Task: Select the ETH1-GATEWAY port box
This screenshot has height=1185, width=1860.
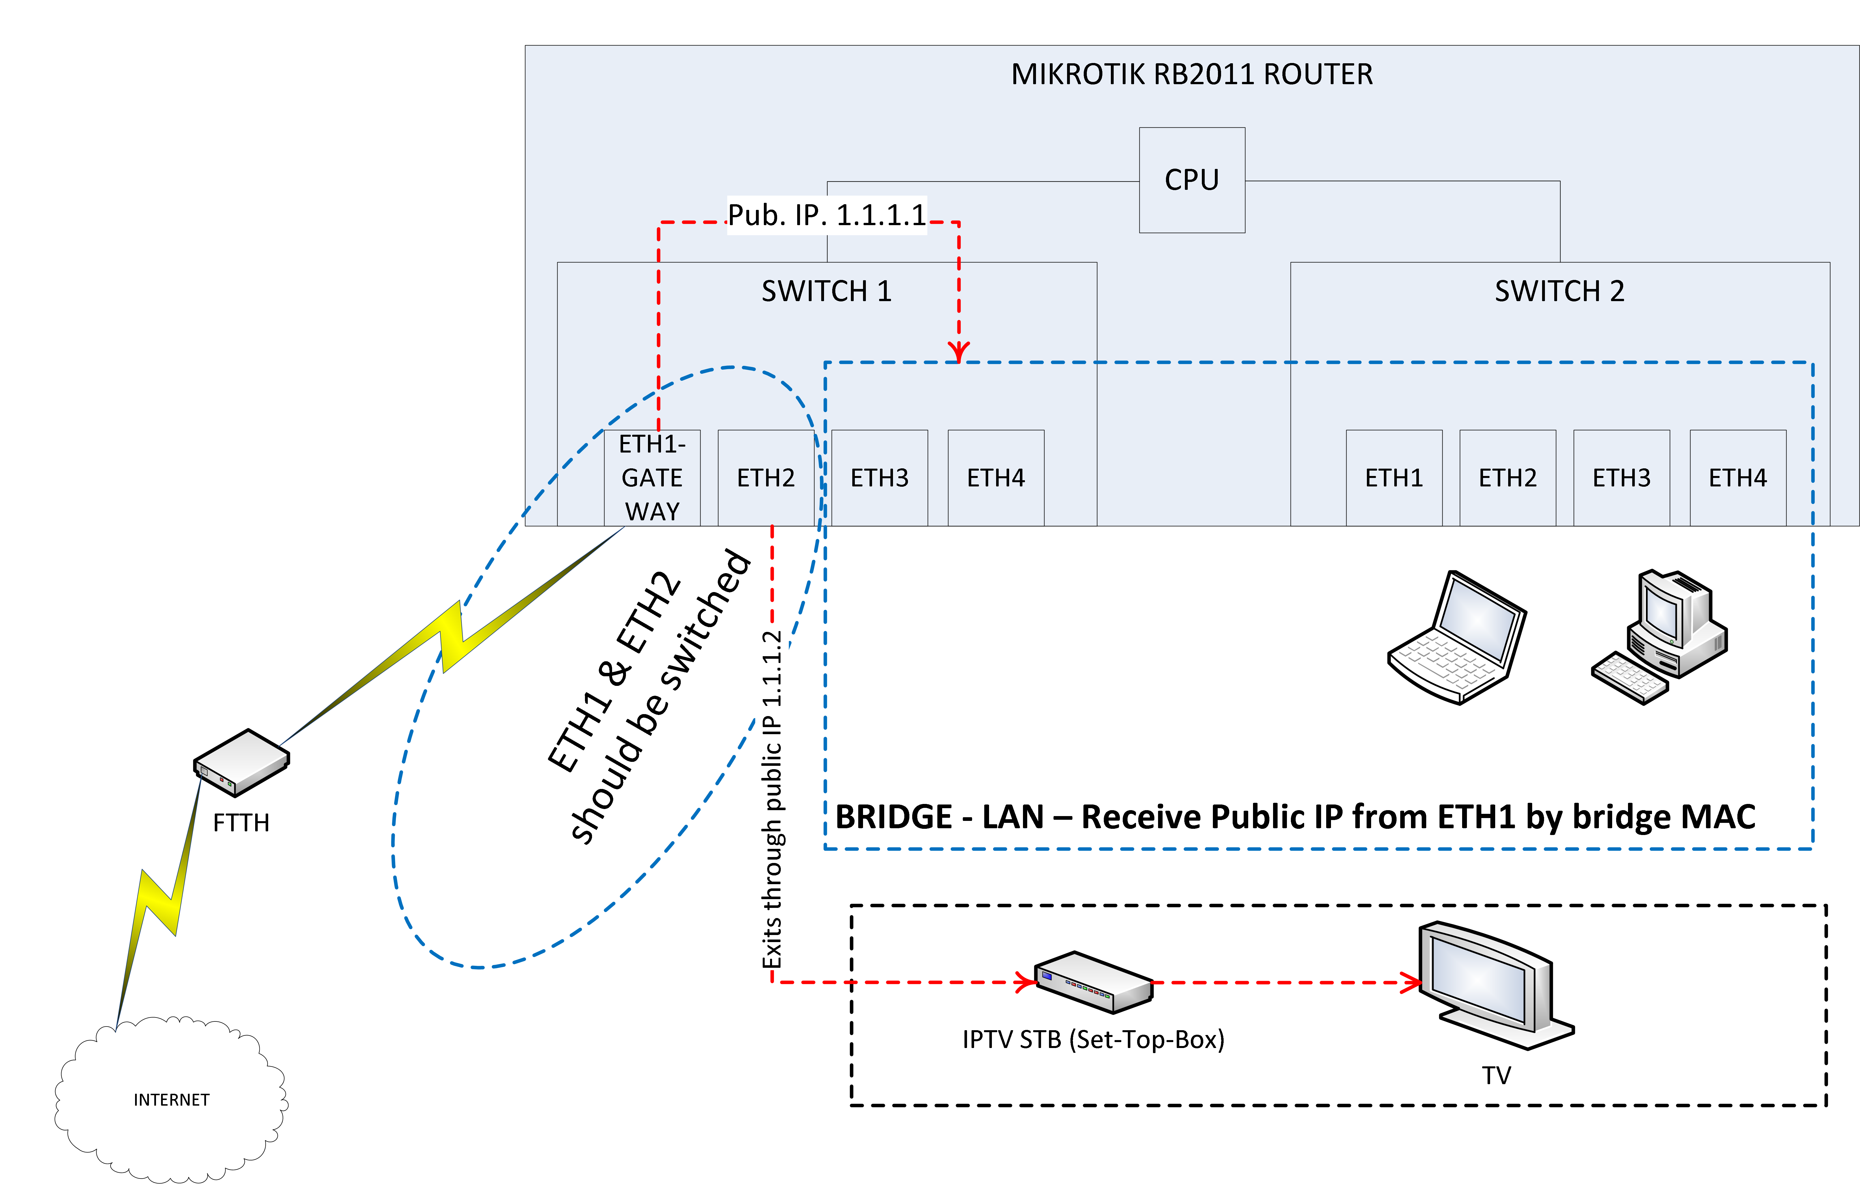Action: coord(652,478)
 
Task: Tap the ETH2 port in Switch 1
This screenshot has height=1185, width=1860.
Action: coord(766,478)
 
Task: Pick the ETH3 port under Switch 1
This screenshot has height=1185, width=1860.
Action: coord(879,478)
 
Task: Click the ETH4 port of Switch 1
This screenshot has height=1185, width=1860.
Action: coord(996,478)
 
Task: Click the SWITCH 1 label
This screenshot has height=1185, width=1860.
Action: coord(827,291)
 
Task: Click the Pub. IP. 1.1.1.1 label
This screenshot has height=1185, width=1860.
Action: coord(827,215)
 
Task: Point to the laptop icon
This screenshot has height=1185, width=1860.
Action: coord(1457,638)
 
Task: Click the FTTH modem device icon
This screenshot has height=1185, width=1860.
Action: coord(241,762)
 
